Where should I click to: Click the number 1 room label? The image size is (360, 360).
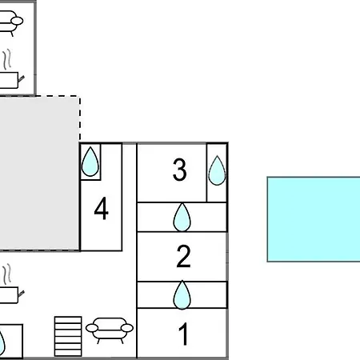[x=184, y=334]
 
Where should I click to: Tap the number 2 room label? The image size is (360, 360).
[x=184, y=256]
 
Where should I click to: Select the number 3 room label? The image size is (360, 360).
[x=179, y=170]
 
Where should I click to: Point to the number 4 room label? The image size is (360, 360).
[x=102, y=208]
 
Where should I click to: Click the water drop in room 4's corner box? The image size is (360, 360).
[x=90, y=162]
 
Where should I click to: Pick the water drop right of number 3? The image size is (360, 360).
[x=217, y=170]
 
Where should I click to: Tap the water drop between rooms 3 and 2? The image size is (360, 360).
[x=182, y=218]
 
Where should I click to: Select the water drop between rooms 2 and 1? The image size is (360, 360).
[x=182, y=294]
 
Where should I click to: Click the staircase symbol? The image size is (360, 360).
[x=68, y=336]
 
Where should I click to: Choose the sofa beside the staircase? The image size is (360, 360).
[x=110, y=329]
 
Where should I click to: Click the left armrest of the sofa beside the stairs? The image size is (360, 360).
[x=92, y=328]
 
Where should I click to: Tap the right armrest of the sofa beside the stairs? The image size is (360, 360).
[x=127, y=328]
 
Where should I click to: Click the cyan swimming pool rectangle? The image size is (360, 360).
[x=314, y=219]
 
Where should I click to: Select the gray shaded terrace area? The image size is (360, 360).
[x=39, y=174]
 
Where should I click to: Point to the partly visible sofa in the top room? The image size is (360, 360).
[x=10, y=22]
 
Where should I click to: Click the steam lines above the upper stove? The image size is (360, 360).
[x=7, y=59]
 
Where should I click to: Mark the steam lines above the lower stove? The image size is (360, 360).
[x=7, y=274]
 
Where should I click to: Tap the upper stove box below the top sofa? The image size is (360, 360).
[x=10, y=80]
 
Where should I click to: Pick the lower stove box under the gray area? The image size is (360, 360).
[x=10, y=295]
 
